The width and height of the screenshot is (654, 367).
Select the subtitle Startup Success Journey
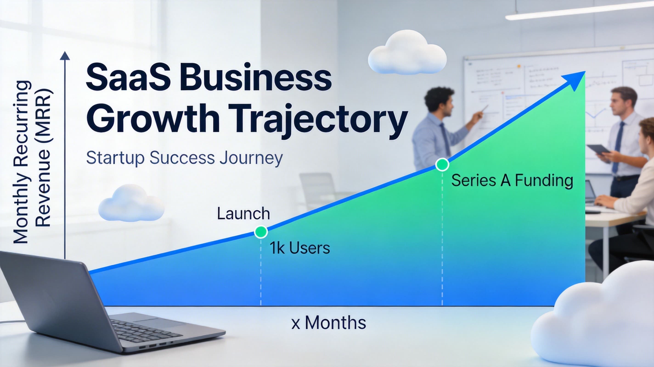pos(184,158)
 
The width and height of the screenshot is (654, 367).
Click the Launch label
pos(243,214)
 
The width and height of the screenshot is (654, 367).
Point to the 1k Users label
pos(300,248)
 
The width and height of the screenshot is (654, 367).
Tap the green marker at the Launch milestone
pos(261,232)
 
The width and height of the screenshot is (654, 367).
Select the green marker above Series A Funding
pos(442,165)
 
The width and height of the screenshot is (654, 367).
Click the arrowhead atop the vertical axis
pos(65,56)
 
